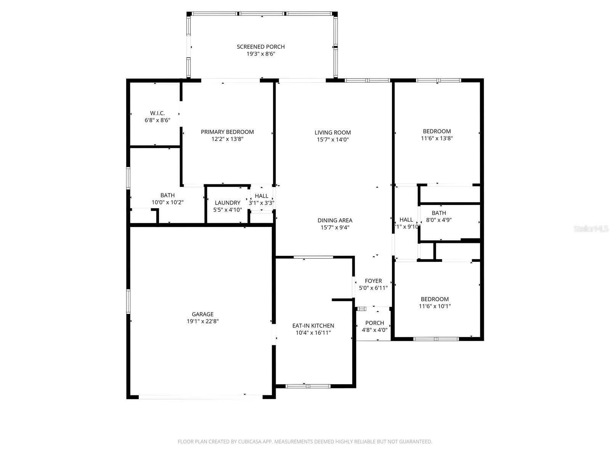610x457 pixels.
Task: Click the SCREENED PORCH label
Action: pos(261,47)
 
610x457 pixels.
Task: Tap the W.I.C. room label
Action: pos(157,113)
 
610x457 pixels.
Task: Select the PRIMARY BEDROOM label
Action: pos(227,132)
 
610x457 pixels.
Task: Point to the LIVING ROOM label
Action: pos(332,133)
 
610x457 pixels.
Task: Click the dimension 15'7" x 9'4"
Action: pos(335,227)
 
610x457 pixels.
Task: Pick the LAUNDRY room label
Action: pos(227,203)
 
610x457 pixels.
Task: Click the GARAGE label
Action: pos(202,314)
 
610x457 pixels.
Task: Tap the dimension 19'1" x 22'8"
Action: pos(202,321)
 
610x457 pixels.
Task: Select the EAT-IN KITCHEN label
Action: pos(313,326)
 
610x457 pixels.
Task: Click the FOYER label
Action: pos(373,281)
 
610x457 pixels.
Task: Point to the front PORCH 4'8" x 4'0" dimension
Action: pos(374,330)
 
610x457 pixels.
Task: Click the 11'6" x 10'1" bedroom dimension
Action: pos(435,306)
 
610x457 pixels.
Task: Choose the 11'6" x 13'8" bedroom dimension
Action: pos(437,138)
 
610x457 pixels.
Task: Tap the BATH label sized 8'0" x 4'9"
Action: pos(439,213)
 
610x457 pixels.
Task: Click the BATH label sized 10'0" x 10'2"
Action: pos(167,195)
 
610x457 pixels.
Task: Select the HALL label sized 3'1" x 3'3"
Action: pos(262,196)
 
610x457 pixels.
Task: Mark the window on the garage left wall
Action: pos(128,301)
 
